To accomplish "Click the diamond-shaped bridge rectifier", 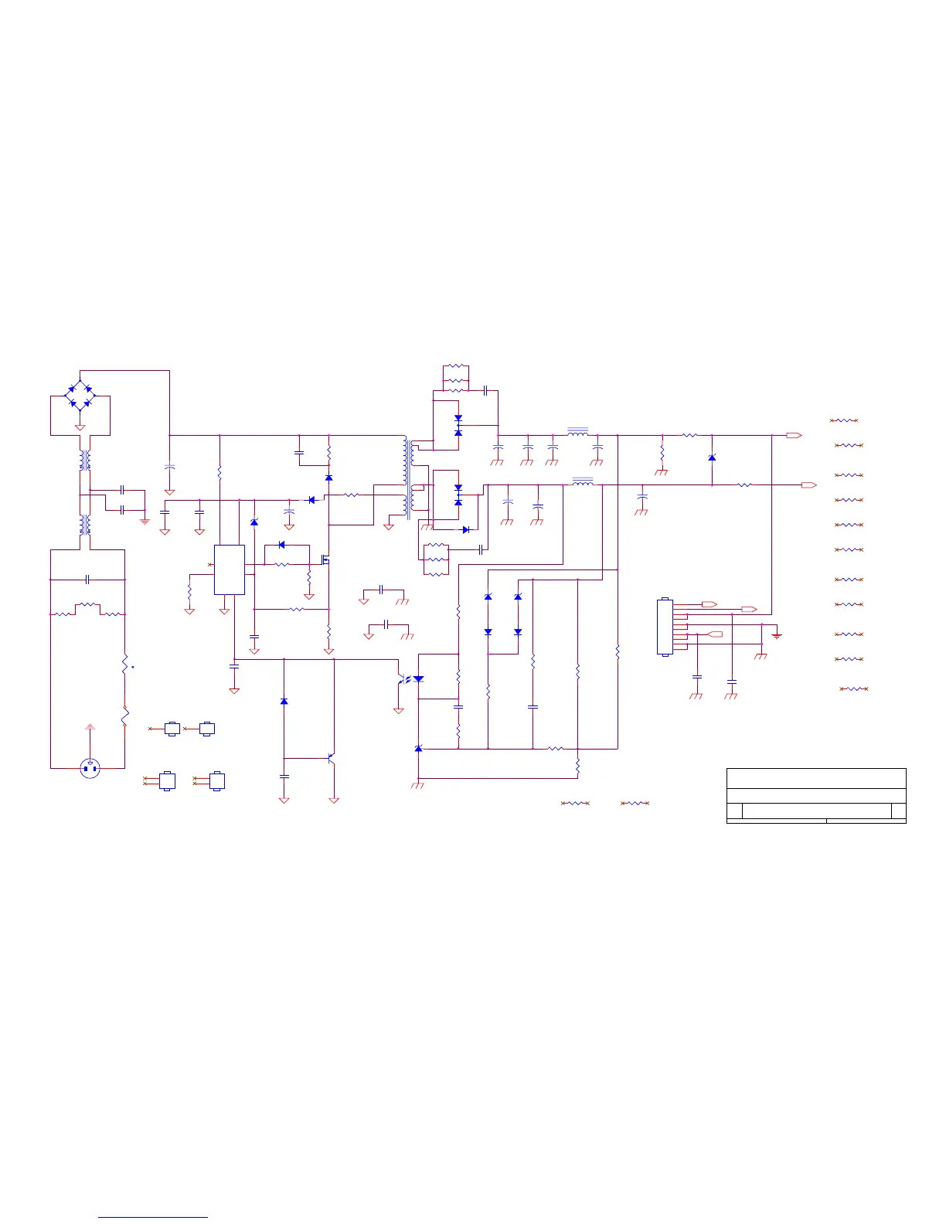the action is [x=80, y=393].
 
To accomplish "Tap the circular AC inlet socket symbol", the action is [x=90, y=768].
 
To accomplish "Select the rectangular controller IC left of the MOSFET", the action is [x=230, y=569].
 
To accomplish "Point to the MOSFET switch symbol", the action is [x=325, y=559].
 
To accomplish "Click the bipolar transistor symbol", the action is [x=331, y=759].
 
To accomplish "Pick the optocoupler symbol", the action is [x=410, y=679].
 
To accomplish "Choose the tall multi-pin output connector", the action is [x=665, y=627].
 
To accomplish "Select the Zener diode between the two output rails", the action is [x=712, y=458].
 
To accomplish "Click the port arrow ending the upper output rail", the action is [x=794, y=436].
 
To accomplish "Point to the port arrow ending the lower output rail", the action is [x=809, y=485].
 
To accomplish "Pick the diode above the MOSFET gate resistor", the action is [x=281, y=546].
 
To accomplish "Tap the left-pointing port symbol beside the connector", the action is [x=715, y=634].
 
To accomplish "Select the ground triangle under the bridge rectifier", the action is [x=80, y=427].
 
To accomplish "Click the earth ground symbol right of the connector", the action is [x=777, y=635].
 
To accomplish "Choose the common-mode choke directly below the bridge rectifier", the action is [x=85, y=461].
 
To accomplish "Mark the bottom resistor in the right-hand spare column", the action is [x=854, y=688].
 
